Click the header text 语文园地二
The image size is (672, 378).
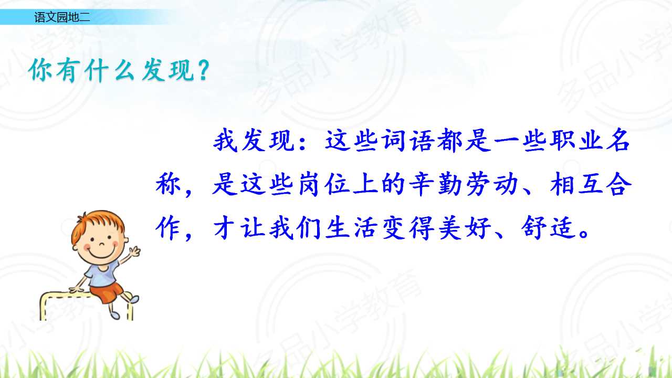pos(62,17)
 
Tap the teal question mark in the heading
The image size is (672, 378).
pos(204,70)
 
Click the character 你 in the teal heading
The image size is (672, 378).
pos(40,70)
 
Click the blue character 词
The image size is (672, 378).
pos(394,141)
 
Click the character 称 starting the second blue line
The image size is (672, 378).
pos(168,184)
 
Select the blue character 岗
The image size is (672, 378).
pos(309,184)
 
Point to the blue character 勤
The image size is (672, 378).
pos(450,184)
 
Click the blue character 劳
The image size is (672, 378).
pos(478,184)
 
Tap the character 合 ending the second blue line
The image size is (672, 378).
pos(619,184)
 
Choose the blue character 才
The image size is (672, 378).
pos(224,227)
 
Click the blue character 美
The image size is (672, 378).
pos(450,227)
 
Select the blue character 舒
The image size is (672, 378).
pos(534,227)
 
